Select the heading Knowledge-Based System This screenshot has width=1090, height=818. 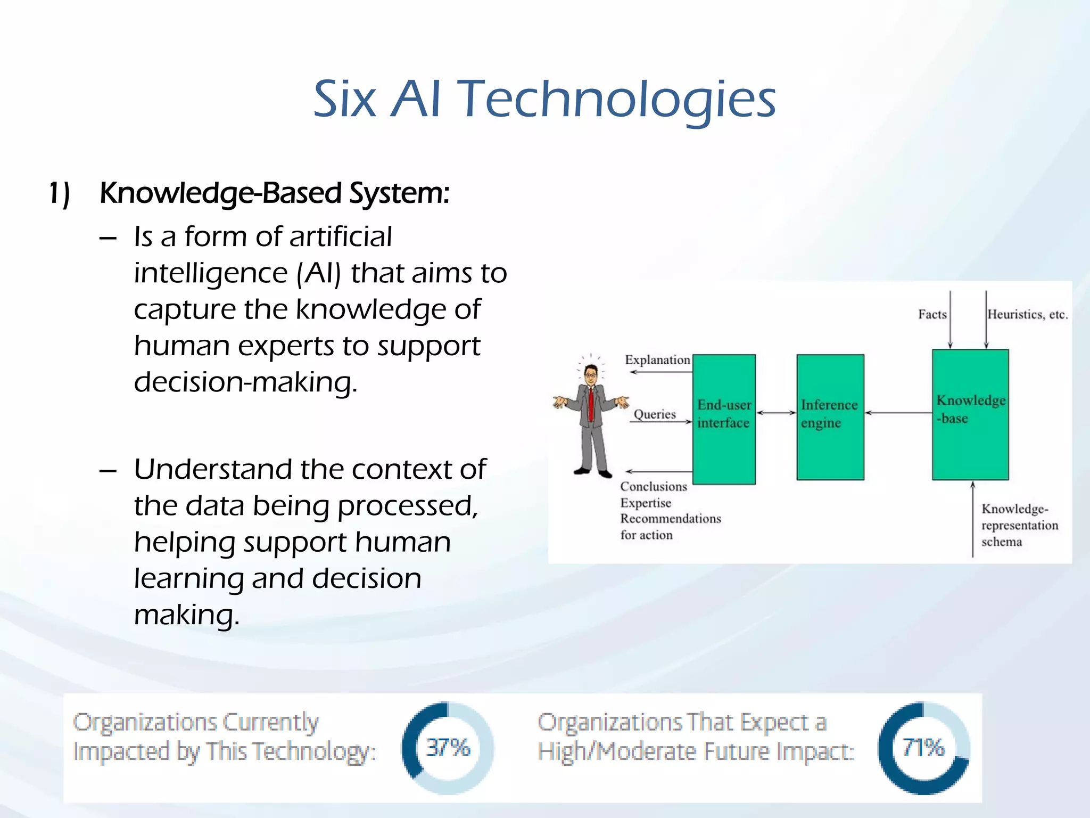[274, 193]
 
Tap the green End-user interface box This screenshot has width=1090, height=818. [724, 419]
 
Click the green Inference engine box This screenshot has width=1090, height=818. [830, 417]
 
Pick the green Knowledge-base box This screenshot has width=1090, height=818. [970, 414]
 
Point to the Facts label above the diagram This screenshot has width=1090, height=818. [932, 315]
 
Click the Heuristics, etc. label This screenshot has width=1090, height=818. [1027, 315]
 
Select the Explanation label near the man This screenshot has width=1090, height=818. [657, 360]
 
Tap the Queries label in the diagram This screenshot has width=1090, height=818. [654, 414]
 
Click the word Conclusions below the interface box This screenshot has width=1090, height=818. [653, 487]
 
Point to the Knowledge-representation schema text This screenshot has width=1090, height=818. [1019, 525]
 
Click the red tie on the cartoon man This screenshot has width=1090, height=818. [591, 404]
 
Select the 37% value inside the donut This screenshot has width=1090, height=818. [448, 748]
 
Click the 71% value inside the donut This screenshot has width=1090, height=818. [923, 748]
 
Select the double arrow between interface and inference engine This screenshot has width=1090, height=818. [776, 413]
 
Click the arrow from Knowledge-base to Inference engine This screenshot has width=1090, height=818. [898, 413]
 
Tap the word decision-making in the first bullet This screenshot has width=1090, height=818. [245, 382]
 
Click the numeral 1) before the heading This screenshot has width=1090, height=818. [59, 194]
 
